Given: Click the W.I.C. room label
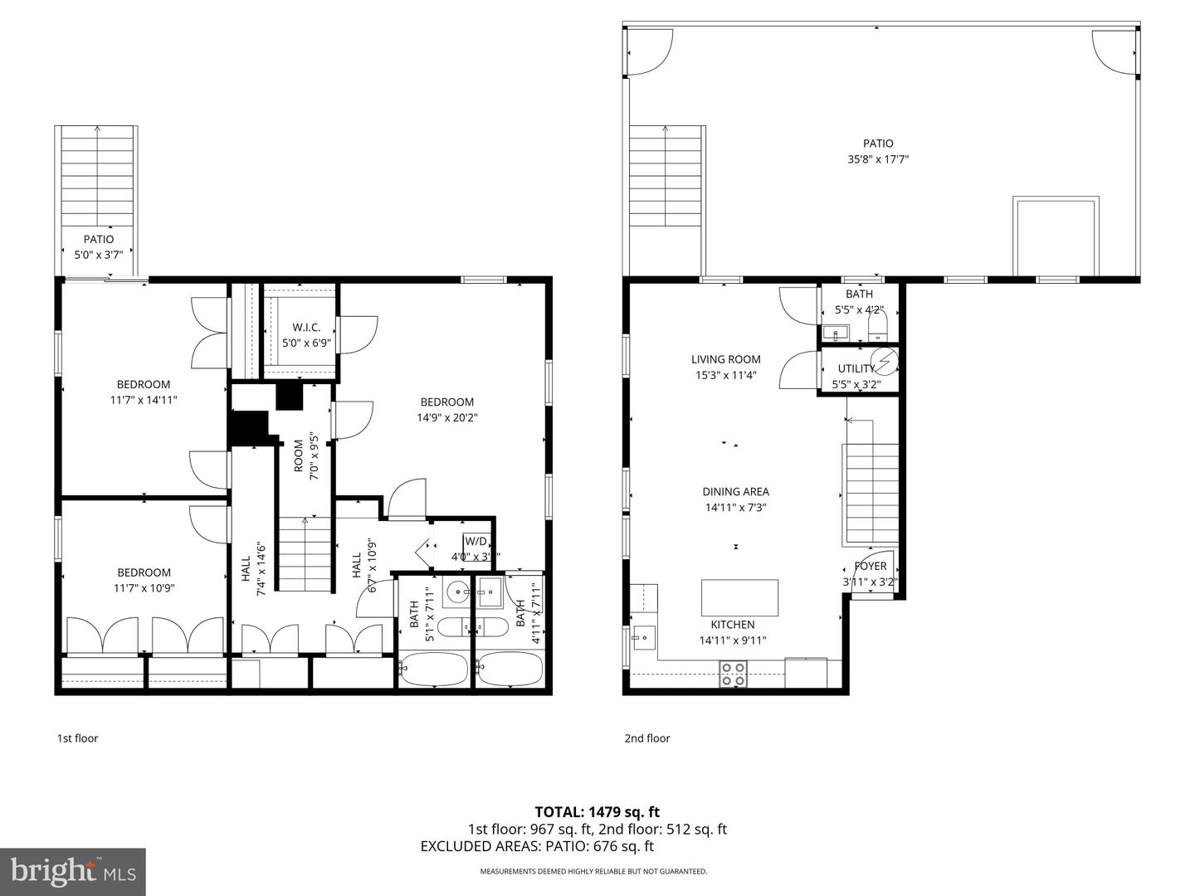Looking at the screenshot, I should pyautogui.click(x=306, y=328).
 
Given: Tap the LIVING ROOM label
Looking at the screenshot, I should pyautogui.click(x=725, y=359).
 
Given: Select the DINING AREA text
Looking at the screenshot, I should pyautogui.click(x=735, y=491).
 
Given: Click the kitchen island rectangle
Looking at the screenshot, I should pyautogui.click(x=739, y=597).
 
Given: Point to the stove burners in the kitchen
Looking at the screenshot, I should pyautogui.click(x=732, y=673).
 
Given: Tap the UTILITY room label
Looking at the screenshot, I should pyautogui.click(x=856, y=368).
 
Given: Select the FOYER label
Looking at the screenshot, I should pyautogui.click(x=870, y=566).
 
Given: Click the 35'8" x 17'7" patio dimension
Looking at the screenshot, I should pyautogui.click(x=877, y=159).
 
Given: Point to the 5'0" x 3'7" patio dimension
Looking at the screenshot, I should pyautogui.click(x=99, y=256).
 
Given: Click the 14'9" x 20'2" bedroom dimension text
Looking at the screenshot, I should pyautogui.click(x=446, y=417).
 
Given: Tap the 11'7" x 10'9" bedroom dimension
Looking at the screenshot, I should pyautogui.click(x=144, y=588).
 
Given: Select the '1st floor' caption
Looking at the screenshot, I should pyautogui.click(x=77, y=738).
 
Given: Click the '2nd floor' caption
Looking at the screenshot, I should pyautogui.click(x=646, y=738).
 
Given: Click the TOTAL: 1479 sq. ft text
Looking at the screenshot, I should pyautogui.click(x=597, y=811).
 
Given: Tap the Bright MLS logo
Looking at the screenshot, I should pyautogui.click(x=73, y=871).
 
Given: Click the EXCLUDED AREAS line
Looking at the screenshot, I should pyautogui.click(x=537, y=846).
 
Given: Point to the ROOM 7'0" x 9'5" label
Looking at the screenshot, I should pyautogui.click(x=305, y=455).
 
